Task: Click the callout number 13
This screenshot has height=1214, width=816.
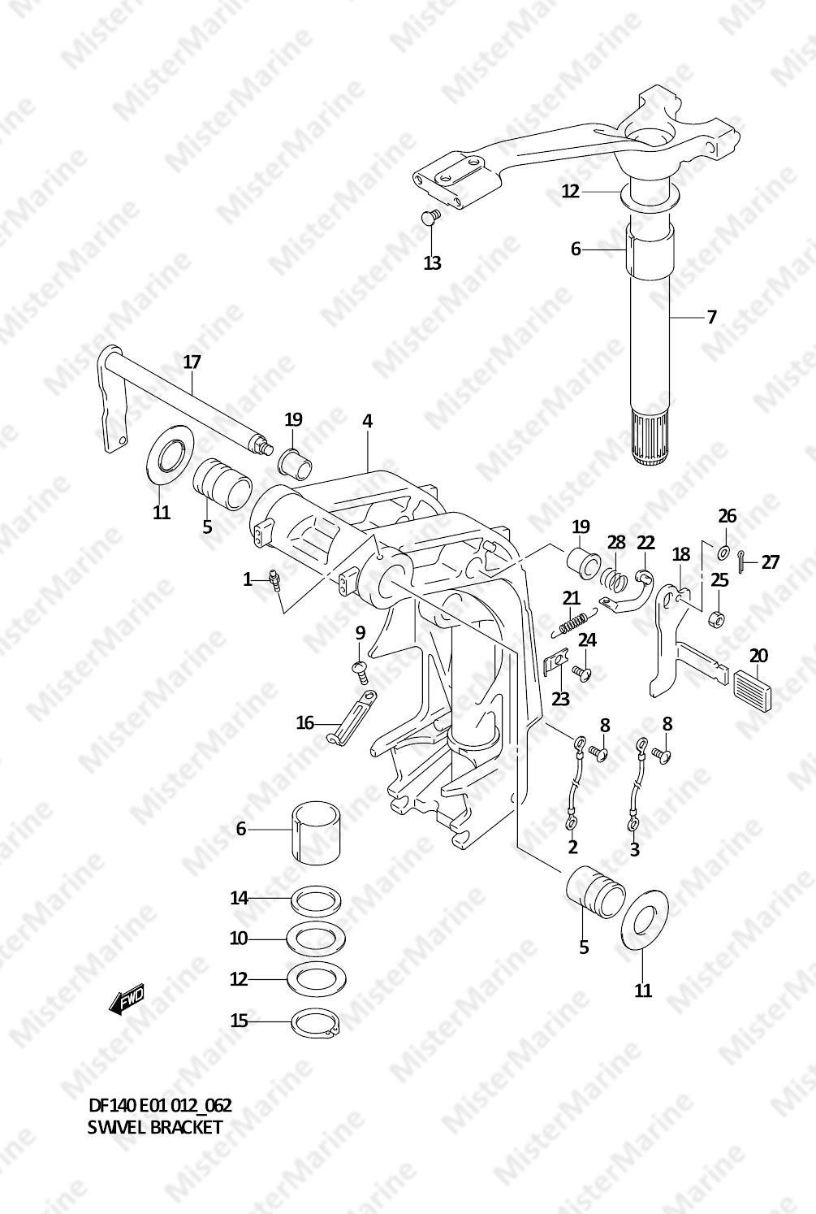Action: pyautogui.click(x=433, y=262)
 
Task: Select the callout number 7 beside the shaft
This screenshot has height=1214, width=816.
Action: pyautogui.click(x=711, y=317)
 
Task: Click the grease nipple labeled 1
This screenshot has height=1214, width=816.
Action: pyautogui.click(x=274, y=579)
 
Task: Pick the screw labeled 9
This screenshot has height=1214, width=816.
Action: pyautogui.click(x=361, y=670)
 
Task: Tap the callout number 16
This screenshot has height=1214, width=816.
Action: pyautogui.click(x=305, y=722)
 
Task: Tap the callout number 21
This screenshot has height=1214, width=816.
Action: pyautogui.click(x=572, y=598)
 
